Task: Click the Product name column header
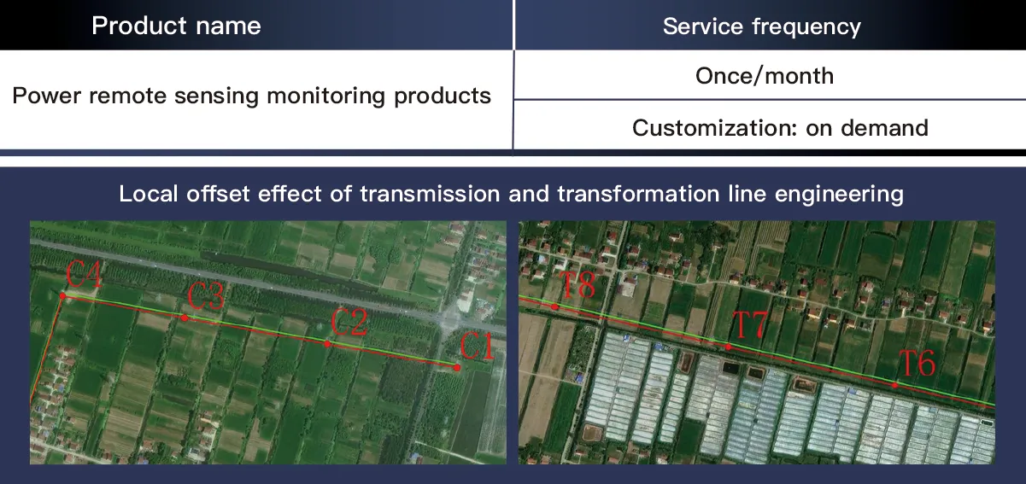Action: click(176, 26)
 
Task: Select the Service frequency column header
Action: click(761, 26)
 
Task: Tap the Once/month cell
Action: click(764, 76)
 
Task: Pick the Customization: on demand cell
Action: click(780, 128)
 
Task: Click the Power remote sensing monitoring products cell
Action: click(251, 95)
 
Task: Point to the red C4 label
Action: click(85, 276)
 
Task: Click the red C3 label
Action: click(206, 297)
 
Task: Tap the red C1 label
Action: click(478, 347)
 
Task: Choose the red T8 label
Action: click(577, 285)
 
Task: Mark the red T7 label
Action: click(750, 326)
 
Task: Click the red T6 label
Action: click(918, 364)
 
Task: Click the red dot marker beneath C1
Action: click(457, 367)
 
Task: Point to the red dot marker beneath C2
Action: click(327, 343)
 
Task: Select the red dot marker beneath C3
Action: click(185, 318)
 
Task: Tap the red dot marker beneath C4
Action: click(62, 295)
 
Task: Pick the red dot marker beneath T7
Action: click(728, 347)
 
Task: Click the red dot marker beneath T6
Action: click(894, 385)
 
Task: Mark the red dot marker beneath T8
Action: click(555, 306)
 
